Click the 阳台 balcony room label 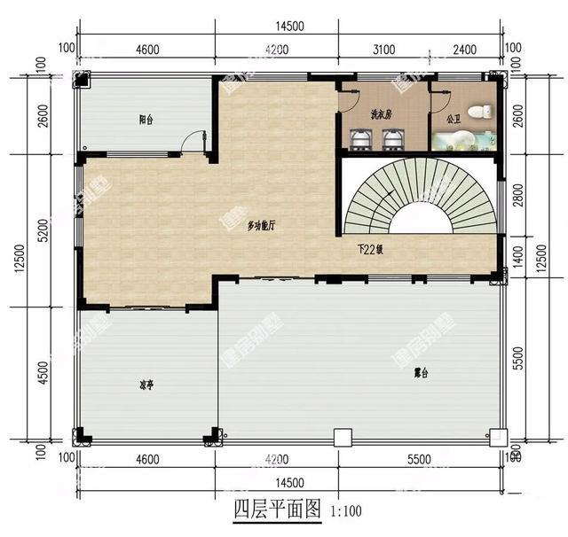146,120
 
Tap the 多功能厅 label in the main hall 261,226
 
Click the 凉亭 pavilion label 146,385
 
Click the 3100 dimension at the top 384,50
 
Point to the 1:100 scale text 345,511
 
